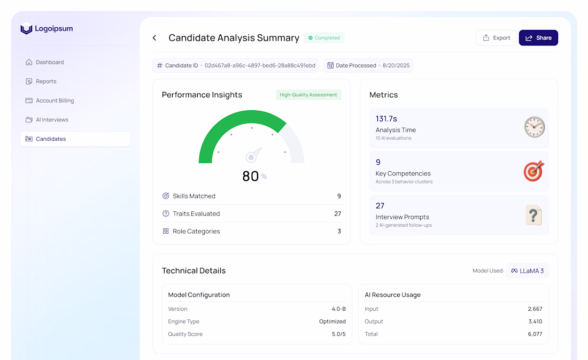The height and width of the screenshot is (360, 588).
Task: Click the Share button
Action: pos(538,38)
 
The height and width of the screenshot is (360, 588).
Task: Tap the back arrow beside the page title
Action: pos(154,38)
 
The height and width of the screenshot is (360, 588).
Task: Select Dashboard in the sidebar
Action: pos(50,62)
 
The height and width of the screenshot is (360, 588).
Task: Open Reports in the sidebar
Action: pos(46,81)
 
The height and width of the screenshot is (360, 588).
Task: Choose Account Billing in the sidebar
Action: pos(55,101)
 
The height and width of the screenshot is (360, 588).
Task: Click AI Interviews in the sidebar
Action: pos(52,120)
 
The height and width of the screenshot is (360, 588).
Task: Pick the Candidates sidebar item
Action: pos(51,139)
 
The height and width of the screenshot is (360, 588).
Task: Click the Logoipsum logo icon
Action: pos(26,29)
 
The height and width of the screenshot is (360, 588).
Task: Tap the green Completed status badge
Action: pos(324,38)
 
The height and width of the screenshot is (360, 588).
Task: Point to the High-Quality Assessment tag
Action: pos(308,95)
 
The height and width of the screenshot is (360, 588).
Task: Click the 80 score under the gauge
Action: pos(251,176)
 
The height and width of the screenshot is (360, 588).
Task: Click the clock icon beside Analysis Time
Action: pos(534,127)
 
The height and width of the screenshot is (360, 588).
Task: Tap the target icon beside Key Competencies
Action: pos(534,171)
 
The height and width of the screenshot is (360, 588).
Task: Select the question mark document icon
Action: pos(533,215)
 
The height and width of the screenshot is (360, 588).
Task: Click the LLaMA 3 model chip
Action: pos(528,271)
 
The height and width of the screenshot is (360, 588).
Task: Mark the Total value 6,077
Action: pos(535,334)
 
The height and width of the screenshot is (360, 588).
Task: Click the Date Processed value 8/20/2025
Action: pos(396,66)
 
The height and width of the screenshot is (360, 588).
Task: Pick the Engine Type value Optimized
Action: pos(332,321)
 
